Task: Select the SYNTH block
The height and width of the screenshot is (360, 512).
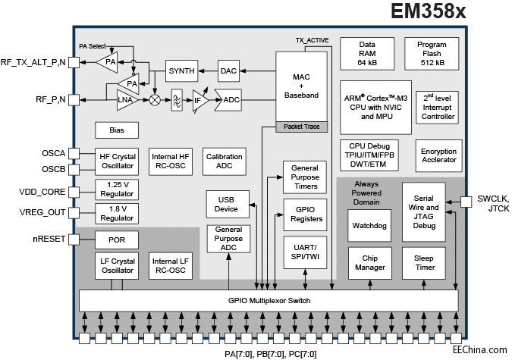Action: click(181, 70)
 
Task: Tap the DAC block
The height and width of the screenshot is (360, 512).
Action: click(228, 70)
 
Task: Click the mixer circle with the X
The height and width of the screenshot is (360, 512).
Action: click(155, 99)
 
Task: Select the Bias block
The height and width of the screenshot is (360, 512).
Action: click(116, 130)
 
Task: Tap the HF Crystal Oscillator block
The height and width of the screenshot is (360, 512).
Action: click(118, 161)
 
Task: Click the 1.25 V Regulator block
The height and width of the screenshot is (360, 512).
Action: click(118, 189)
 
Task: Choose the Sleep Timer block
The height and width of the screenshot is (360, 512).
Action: click(424, 263)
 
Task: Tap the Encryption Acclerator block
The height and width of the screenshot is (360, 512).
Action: click(438, 155)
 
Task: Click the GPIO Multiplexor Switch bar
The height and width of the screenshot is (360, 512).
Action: click(269, 300)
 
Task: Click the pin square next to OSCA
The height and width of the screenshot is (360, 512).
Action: click(74, 152)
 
